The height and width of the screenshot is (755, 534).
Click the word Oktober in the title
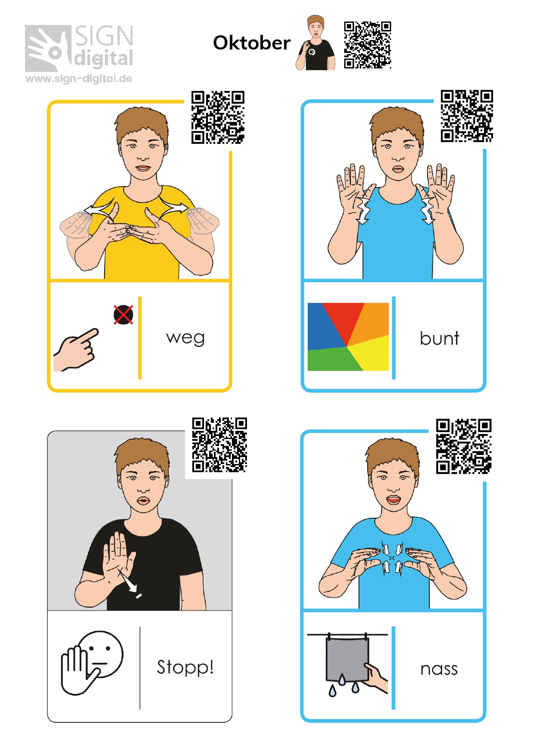pos(252,43)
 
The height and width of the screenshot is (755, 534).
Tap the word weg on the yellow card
pos(185,338)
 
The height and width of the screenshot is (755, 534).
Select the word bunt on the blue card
pos(439,338)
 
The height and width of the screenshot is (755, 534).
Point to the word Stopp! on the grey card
pos(185,667)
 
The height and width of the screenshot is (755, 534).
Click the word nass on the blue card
pos(439,669)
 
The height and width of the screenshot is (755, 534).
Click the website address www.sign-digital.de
pos(79,79)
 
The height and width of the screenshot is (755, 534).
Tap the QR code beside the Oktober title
pos(367,45)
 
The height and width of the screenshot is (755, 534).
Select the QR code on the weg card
pos(218,117)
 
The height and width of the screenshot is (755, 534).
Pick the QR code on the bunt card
pos(467,116)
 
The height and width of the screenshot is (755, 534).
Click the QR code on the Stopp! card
pos(219,445)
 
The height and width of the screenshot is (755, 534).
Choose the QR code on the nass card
pos(464,446)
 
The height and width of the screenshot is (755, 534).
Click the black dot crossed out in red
pos(123,315)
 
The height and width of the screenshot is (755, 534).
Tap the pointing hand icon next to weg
pos(76,350)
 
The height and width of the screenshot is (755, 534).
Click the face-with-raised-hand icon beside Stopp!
pos(92,663)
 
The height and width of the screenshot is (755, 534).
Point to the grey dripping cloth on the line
pos(347,659)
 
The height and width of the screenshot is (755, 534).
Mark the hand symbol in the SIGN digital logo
pos(48,48)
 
